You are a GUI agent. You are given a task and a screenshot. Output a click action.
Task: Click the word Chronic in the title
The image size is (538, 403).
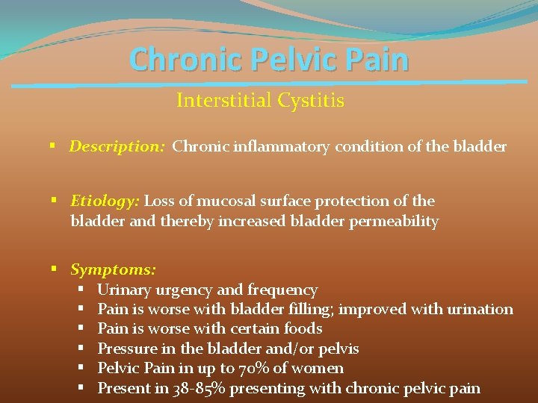tap(174, 60)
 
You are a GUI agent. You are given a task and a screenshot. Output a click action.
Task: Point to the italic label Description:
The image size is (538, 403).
tap(117, 146)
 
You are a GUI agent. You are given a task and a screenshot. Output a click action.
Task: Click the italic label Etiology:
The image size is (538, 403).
tap(105, 201)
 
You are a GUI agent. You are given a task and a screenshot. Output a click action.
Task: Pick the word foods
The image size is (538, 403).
tap(304, 328)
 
